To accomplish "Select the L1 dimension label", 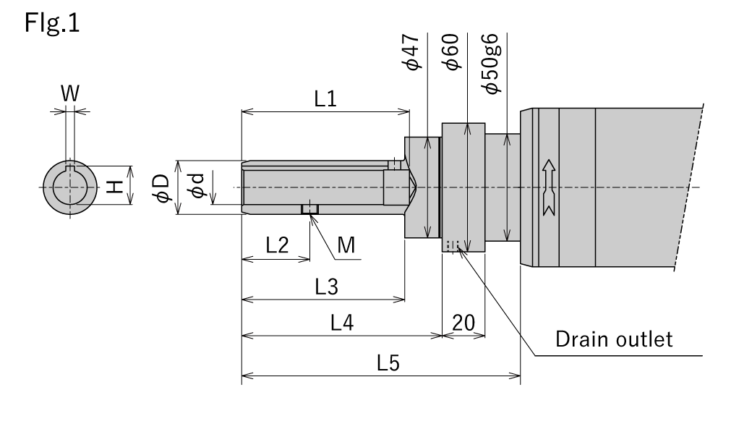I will point(325,100).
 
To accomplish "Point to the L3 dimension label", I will point(327,287).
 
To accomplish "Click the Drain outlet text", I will point(613,339).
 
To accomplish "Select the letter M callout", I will point(346,246).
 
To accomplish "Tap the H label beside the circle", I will point(114,187).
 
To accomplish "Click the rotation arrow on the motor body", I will point(547,187).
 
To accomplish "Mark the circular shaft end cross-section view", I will point(71,187).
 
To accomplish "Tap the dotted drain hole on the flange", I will point(453,246).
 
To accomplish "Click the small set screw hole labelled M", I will point(309,209).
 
